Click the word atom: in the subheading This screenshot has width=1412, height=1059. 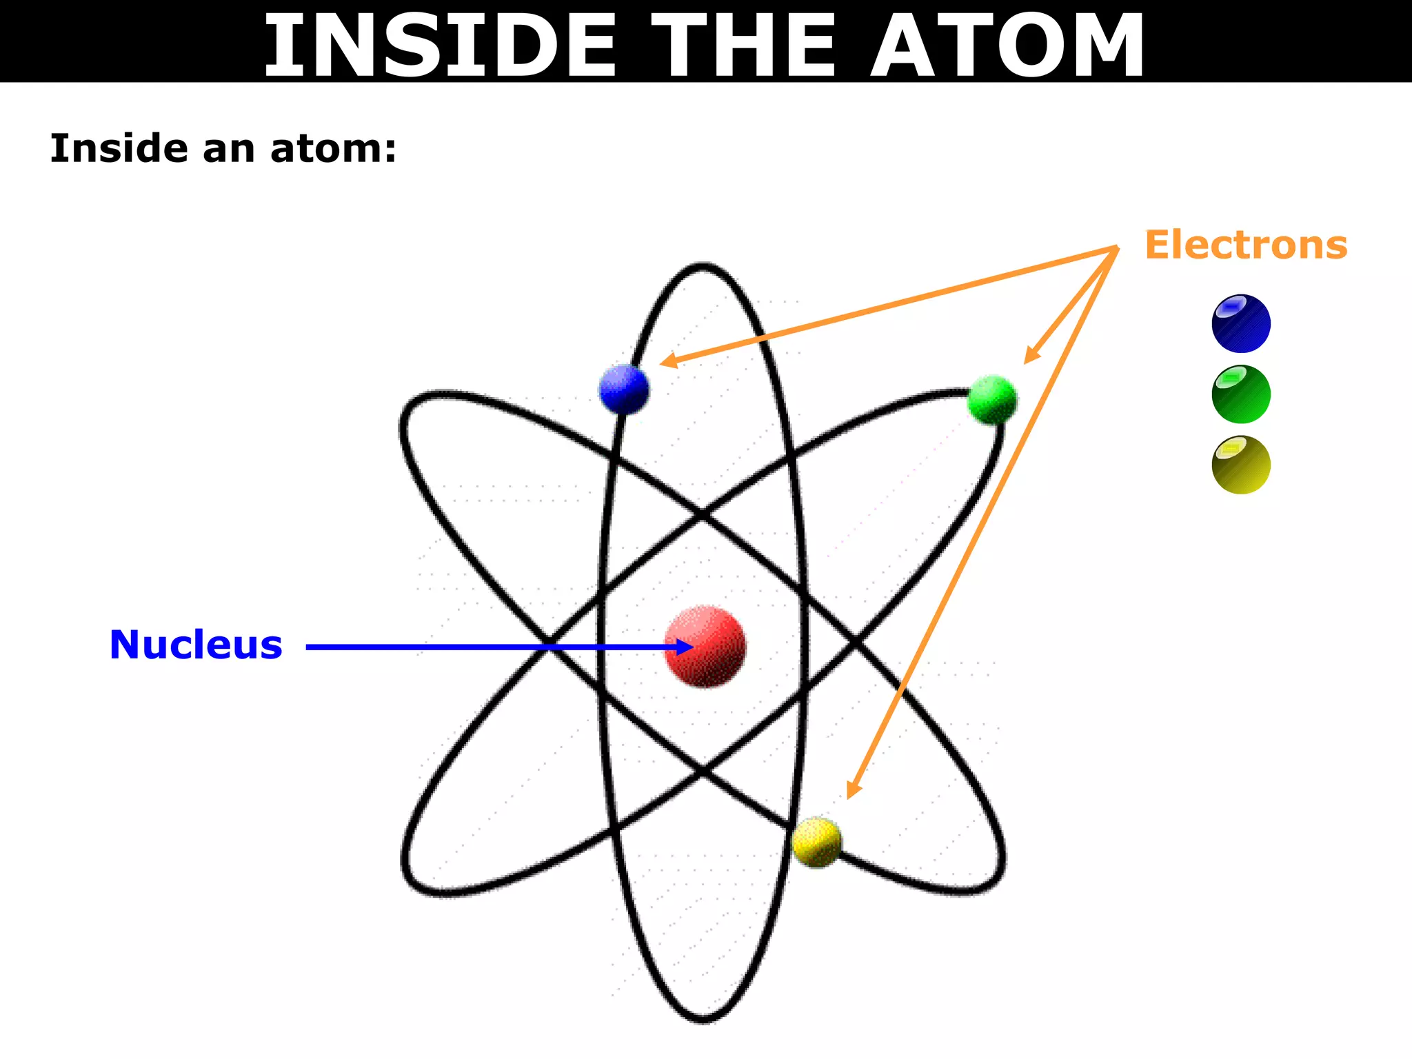[334, 149]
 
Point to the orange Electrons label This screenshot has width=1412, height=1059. [1246, 245]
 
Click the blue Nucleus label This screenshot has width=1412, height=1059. [196, 645]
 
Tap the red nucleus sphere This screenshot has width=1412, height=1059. [705, 646]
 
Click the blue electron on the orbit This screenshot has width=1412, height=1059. [624, 389]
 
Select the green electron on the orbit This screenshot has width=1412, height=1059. [992, 400]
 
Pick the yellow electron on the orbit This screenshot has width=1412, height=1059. [817, 842]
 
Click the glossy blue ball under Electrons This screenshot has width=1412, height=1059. [1241, 323]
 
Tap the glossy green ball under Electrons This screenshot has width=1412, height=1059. [1241, 394]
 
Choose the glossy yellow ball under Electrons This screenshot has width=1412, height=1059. [1241, 465]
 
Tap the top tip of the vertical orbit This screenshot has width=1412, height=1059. [703, 266]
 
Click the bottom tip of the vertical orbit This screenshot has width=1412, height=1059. [703, 1019]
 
